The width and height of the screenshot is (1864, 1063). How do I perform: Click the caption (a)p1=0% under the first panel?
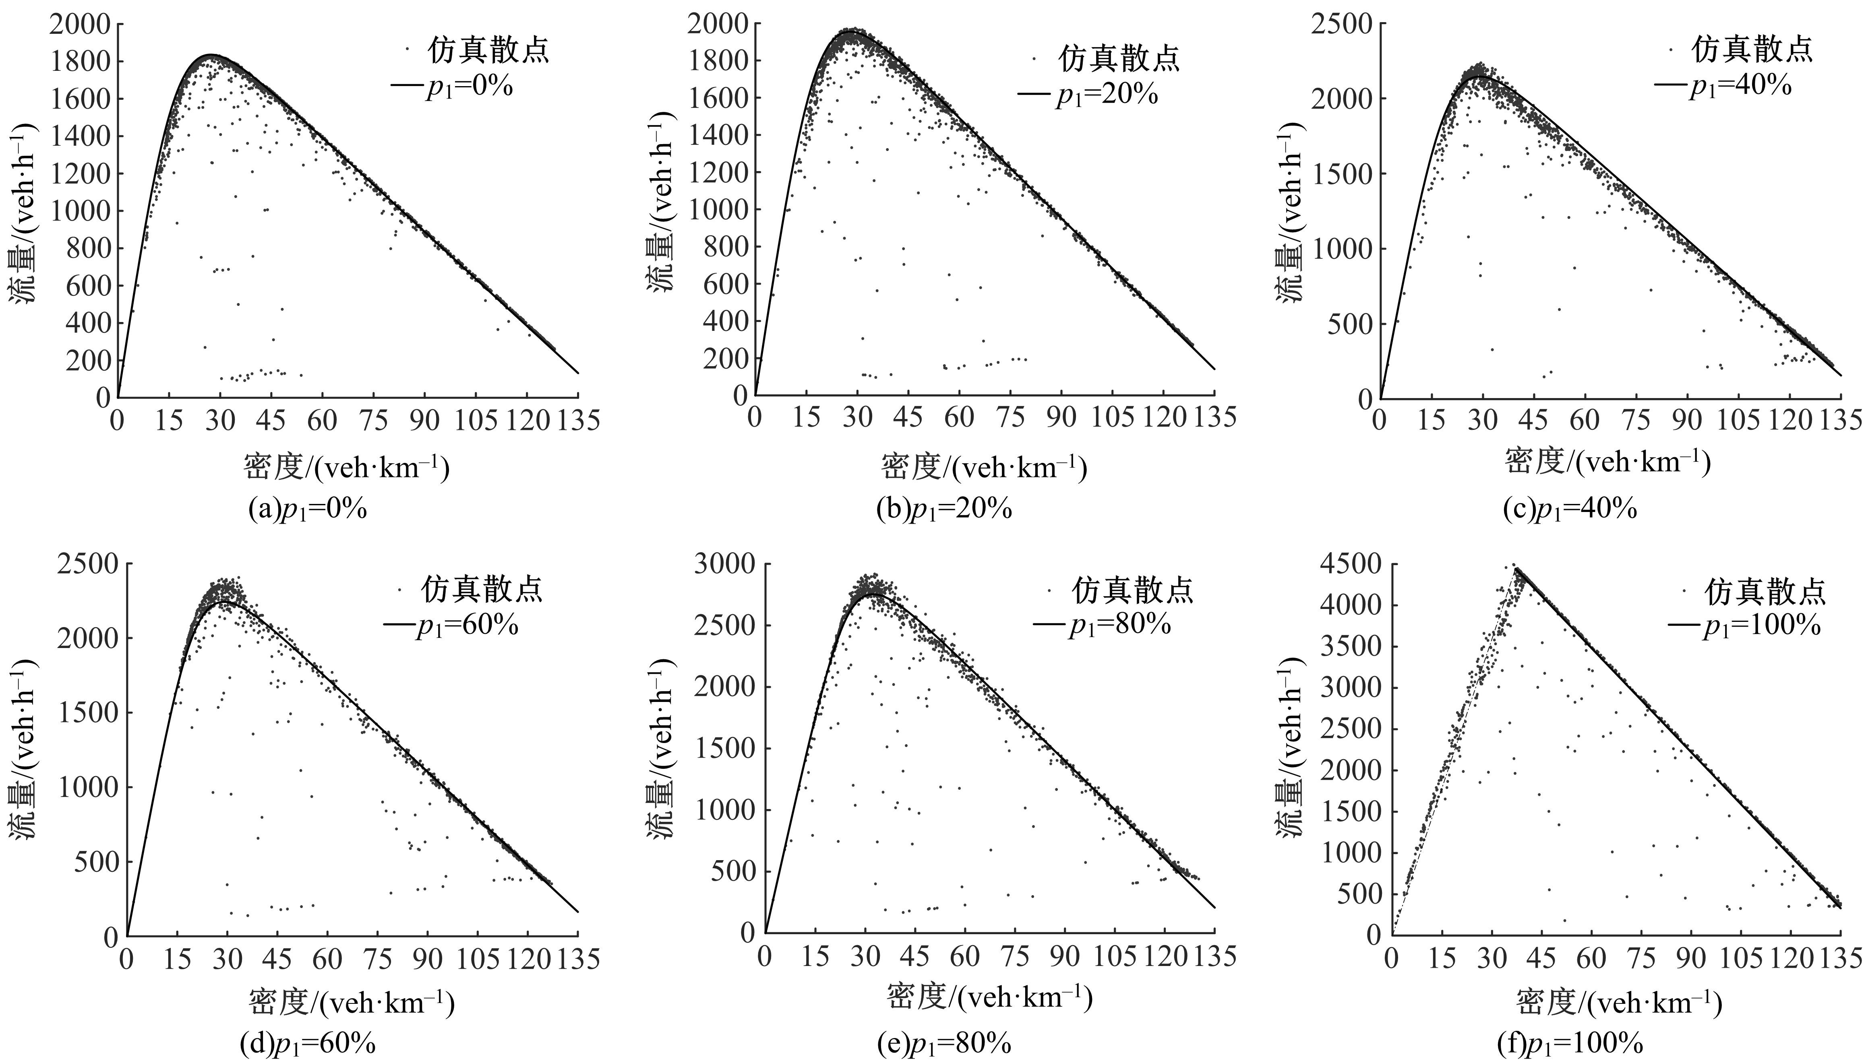(x=308, y=509)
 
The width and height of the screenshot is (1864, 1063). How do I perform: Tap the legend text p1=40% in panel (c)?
(x=1740, y=86)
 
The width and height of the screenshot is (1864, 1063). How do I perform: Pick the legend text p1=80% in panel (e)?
(x=1120, y=625)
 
